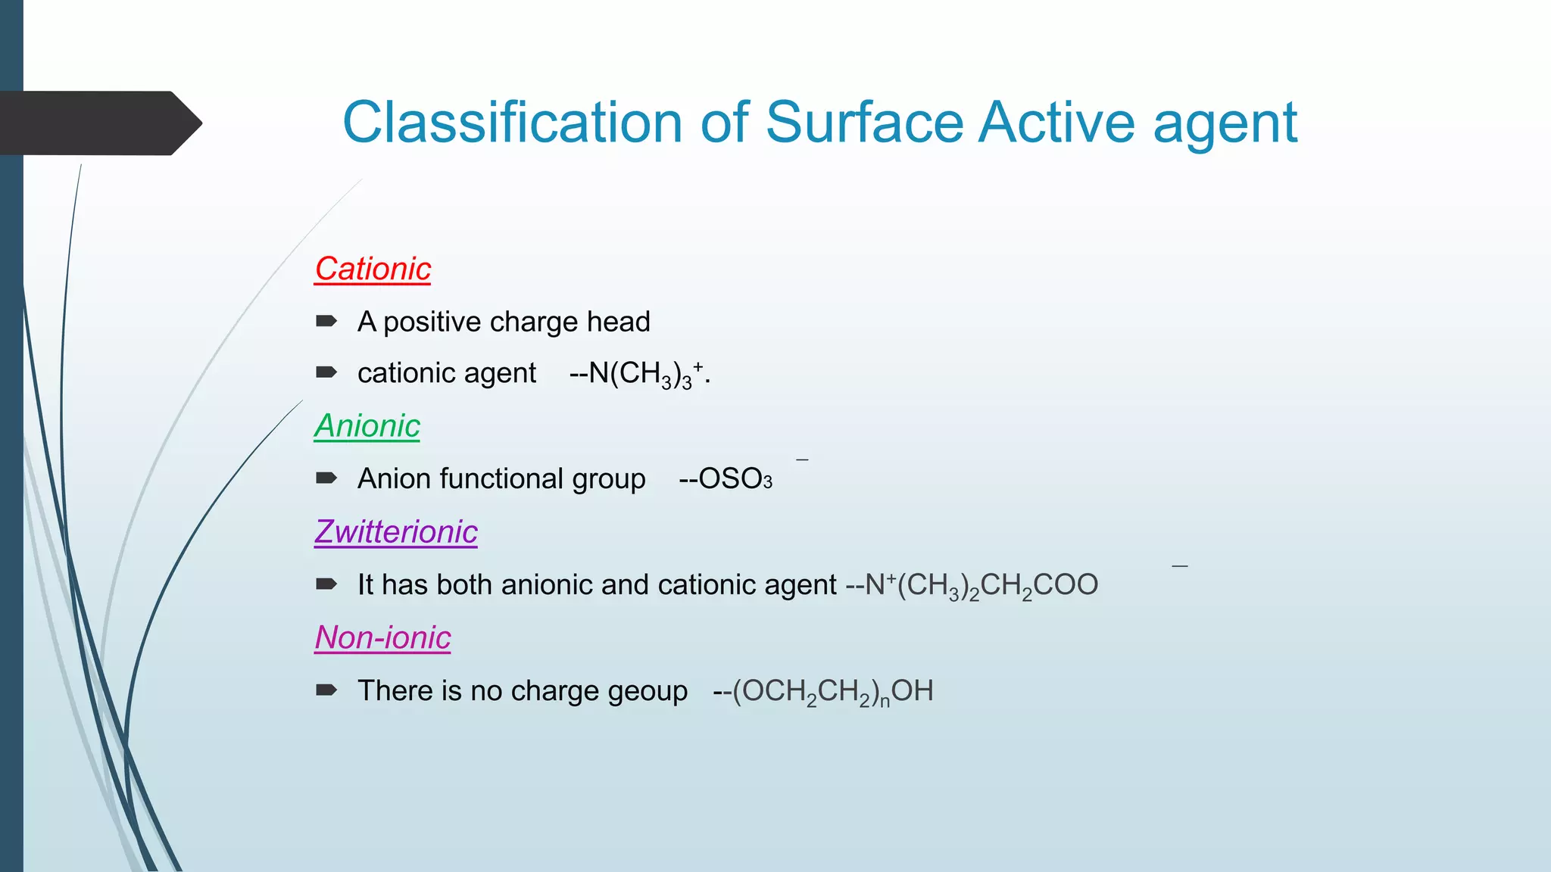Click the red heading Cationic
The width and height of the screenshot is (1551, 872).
tap(373, 269)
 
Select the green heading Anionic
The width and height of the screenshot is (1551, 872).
tap(367, 426)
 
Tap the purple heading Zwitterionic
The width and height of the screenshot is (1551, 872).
tap(396, 532)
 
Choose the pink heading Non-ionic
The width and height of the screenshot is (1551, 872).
tap(382, 638)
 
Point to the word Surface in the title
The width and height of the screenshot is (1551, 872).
tap(864, 123)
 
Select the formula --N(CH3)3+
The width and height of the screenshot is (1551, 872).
tap(638, 374)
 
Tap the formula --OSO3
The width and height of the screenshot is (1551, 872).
tap(725, 479)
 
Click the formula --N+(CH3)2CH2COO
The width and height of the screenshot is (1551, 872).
tap(972, 585)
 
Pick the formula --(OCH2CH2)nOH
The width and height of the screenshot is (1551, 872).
tap(823, 691)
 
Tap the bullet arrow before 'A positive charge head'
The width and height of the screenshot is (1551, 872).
tap(326, 321)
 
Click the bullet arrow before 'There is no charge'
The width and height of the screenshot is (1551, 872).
tap(326, 690)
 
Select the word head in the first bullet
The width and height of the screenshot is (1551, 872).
tap(618, 322)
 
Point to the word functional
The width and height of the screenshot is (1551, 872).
tap(501, 479)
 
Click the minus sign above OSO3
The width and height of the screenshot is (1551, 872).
tap(802, 459)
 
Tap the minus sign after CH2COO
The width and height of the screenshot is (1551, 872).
tap(1179, 565)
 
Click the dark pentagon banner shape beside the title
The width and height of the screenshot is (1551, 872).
tap(98, 123)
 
